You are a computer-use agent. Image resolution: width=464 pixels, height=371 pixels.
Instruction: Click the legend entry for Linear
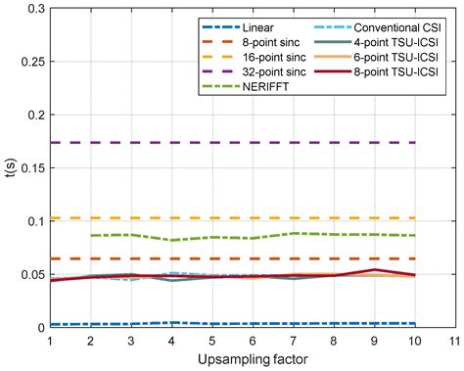click(x=258, y=26)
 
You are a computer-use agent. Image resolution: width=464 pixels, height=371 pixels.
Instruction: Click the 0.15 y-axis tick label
click(x=29, y=167)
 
